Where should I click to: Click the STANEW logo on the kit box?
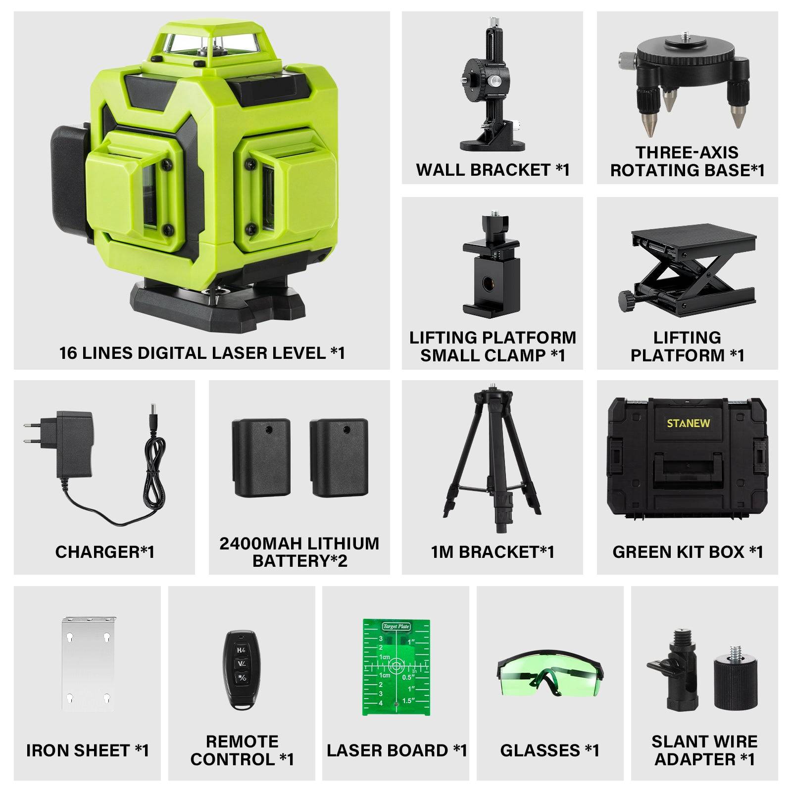688,423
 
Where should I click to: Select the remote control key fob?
241,670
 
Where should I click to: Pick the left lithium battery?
261,457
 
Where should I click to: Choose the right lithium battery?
339,457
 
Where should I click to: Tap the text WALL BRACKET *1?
493,170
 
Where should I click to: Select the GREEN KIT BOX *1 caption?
688,551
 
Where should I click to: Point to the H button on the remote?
241,650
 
